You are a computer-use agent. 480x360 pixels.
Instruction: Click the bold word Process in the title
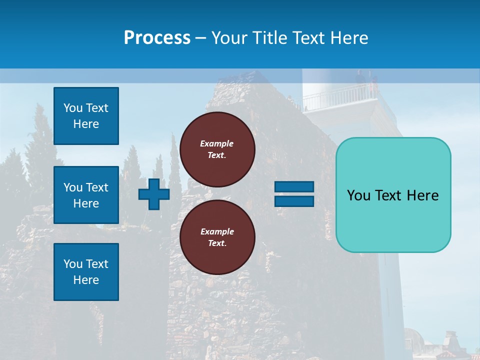tap(157, 38)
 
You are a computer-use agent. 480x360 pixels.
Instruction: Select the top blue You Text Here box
tap(86, 116)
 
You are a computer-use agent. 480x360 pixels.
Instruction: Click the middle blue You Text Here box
tap(86, 195)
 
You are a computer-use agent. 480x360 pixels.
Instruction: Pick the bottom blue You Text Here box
tap(86, 272)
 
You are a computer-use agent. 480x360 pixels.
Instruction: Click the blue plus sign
tap(154, 194)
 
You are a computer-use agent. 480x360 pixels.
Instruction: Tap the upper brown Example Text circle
tap(217, 149)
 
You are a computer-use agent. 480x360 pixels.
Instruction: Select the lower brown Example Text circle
tap(217, 237)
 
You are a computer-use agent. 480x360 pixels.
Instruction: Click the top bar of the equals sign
tap(294, 187)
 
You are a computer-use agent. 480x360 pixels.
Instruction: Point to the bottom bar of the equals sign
tap(294, 201)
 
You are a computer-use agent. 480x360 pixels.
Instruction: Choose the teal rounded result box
tap(393, 220)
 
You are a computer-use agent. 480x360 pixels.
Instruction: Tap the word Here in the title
tap(350, 38)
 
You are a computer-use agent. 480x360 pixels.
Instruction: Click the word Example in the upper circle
tap(216, 143)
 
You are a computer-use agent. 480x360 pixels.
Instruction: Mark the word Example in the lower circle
tap(217, 231)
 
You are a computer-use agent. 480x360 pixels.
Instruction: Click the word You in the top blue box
tap(72, 108)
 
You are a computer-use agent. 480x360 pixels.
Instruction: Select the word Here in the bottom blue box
tap(86, 280)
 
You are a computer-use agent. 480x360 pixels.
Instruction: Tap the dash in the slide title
tap(200, 38)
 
